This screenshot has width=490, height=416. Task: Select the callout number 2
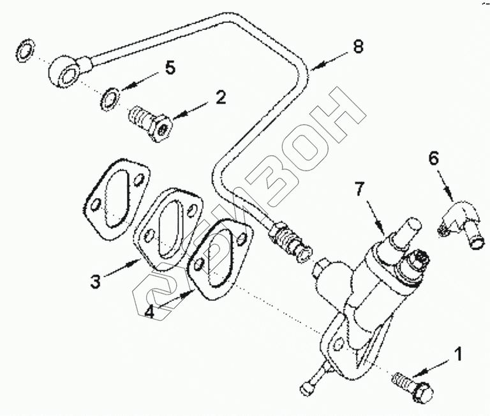[220, 98]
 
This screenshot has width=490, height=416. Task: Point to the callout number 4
[149, 312]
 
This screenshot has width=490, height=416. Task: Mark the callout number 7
[359, 189]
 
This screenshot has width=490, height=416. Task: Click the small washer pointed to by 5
[110, 98]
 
